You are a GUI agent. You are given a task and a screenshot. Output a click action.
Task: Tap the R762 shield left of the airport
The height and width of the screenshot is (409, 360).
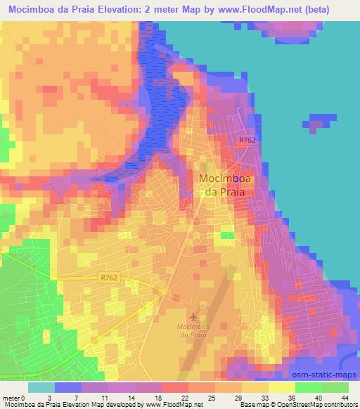pyautogui.click(x=108, y=279)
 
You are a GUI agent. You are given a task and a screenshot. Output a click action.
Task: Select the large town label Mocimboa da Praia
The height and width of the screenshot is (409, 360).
pyautogui.click(x=227, y=185)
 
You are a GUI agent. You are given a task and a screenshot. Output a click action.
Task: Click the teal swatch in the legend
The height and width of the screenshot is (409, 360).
pyautogui.click(x=41, y=387)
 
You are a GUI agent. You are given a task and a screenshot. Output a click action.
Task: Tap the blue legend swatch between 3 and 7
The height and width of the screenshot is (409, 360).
pyautogui.click(x=68, y=387)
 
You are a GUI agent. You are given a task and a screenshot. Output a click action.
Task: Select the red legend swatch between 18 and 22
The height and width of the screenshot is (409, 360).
pyautogui.click(x=174, y=387)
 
